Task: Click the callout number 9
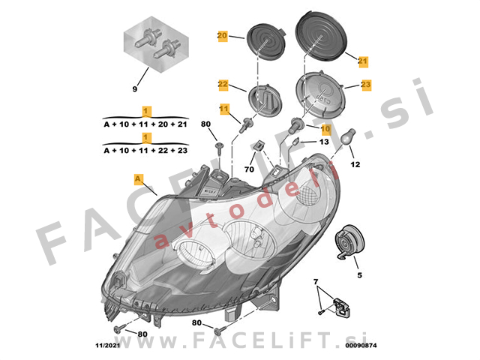[x=135, y=89]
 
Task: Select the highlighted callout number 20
[x=222, y=36]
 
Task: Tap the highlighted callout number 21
[x=363, y=61]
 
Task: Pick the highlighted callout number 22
[x=223, y=84]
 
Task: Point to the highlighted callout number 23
[x=366, y=84]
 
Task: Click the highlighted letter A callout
[x=139, y=179]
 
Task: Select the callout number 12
[x=355, y=165]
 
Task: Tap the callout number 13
[x=324, y=142]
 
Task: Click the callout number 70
[x=249, y=169]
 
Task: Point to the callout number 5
[x=360, y=275]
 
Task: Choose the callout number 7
[x=316, y=281]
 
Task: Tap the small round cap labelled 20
[x=266, y=41]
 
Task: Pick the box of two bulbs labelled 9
[x=156, y=44]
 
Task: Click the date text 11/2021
[x=108, y=345]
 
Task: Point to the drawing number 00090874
[x=361, y=345]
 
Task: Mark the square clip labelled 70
[x=259, y=145]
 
